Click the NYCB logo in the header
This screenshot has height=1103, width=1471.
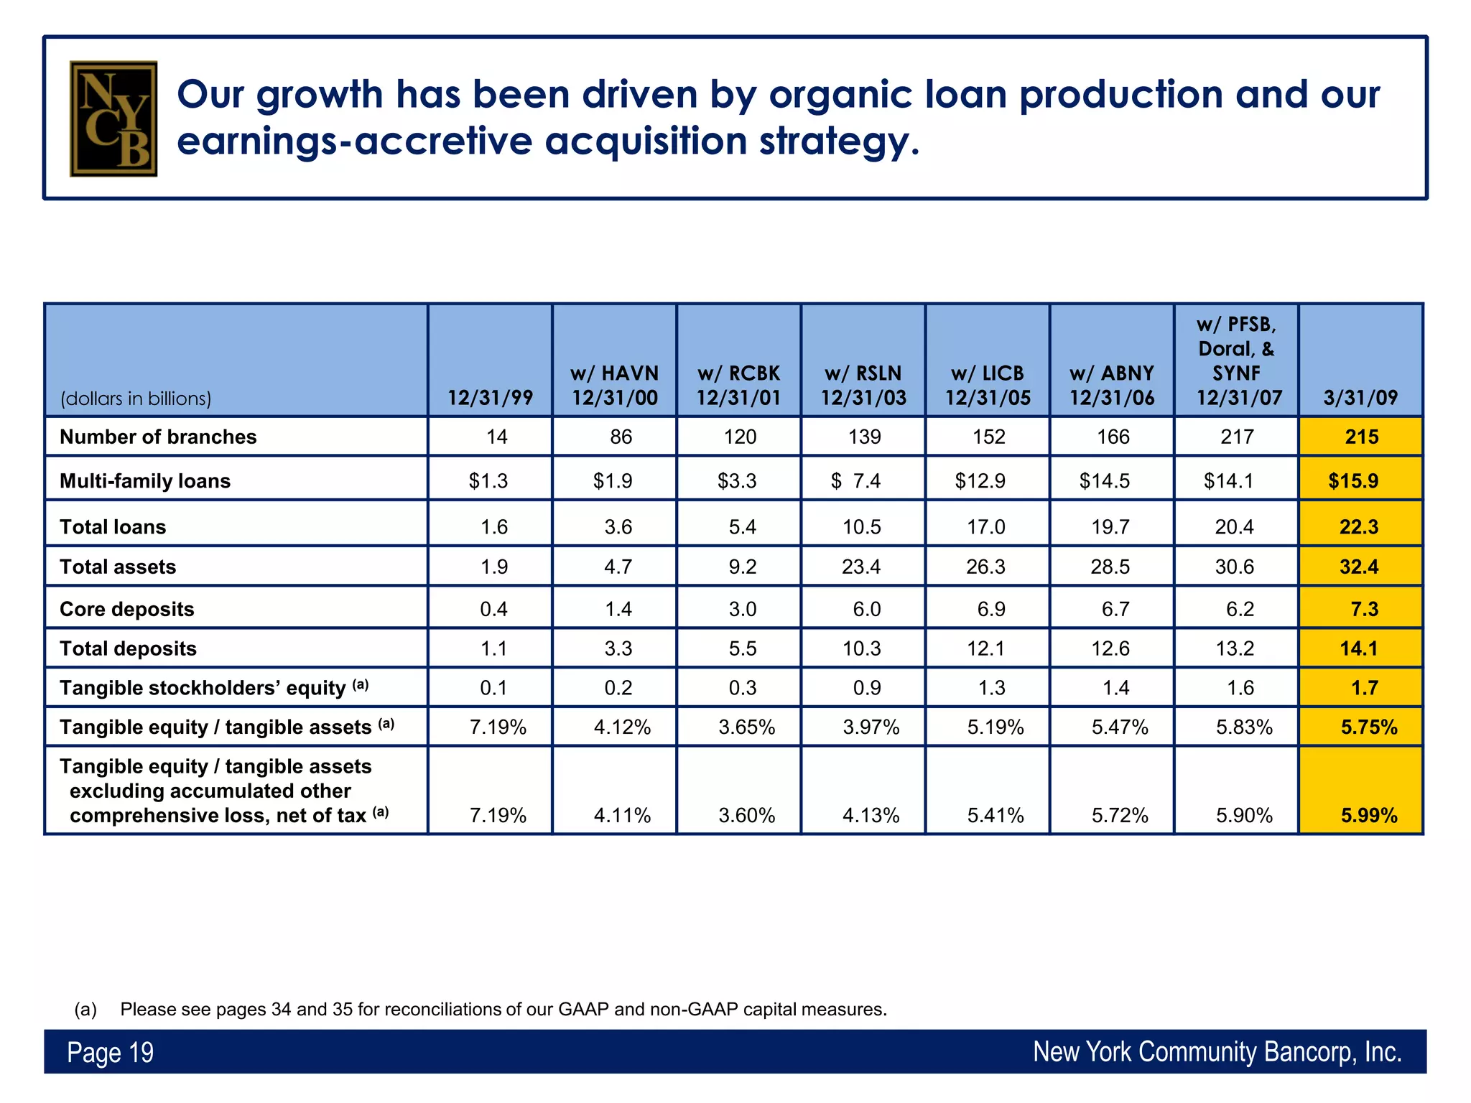[113, 118]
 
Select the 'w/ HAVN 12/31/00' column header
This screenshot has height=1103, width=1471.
[615, 385]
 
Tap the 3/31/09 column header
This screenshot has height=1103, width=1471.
[1360, 397]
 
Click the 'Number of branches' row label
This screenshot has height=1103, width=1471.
[158, 437]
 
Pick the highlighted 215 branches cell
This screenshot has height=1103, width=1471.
[1361, 437]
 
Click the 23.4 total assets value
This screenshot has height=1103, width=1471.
[861, 567]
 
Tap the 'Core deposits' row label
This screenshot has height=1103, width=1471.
[127, 609]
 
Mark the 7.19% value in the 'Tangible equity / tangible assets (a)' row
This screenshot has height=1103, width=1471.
[498, 727]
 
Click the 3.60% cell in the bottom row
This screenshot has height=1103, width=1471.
[746, 815]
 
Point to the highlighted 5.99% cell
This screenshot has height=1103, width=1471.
[1368, 815]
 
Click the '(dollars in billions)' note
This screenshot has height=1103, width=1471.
[136, 399]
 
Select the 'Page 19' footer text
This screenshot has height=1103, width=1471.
[111, 1053]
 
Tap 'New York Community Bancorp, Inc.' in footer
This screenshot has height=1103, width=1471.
[1217, 1052]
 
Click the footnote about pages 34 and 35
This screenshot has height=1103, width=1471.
[503, 1009]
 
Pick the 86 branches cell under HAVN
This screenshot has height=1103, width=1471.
[621, 437]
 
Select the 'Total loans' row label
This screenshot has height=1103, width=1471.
[113, 527]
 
